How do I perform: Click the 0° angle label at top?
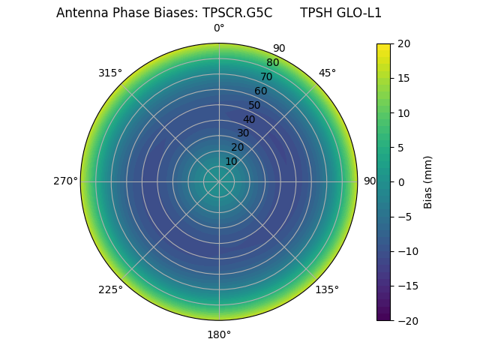219,28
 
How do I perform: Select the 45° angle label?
327,73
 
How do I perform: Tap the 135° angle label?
327,289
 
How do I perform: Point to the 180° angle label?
219,334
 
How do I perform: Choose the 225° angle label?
110,289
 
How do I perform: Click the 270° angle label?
65,181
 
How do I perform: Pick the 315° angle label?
110,73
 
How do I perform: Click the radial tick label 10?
231,161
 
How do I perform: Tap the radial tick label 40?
249,119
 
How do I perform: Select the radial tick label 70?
266,76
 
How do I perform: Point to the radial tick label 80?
272,62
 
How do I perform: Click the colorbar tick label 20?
403,43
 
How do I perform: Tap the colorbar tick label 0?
400,182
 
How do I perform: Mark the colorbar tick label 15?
403,78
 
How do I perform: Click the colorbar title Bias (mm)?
428,182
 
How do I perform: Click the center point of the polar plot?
219,181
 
